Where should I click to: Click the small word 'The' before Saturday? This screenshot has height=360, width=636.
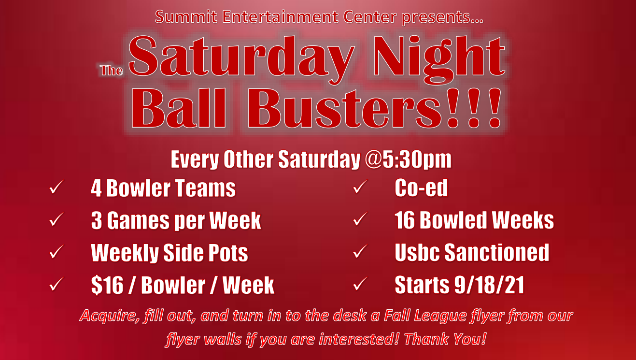click(111, 71)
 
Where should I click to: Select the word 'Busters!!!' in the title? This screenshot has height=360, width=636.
click(374, 108)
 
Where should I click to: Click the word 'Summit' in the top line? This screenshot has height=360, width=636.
click(186, 16)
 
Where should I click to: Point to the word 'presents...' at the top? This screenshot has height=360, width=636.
click(442, 17)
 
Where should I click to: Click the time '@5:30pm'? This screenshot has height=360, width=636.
click(408, 159)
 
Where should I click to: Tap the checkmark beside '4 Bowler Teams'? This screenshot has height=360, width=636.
click(56, 187)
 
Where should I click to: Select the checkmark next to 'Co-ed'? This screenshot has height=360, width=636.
click(360, 187)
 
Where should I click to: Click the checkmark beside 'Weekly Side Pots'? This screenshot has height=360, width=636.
click(56, 251)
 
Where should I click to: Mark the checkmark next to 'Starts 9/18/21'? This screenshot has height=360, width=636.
click(360, 284)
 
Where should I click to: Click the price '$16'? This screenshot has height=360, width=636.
click(107, 285)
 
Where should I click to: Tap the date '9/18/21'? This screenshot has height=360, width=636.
click(489, 285)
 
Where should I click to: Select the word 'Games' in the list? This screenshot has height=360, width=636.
click(138, 220)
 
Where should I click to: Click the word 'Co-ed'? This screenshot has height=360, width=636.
click(421, 188)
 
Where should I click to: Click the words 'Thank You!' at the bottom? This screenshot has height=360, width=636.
click(445, 339)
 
